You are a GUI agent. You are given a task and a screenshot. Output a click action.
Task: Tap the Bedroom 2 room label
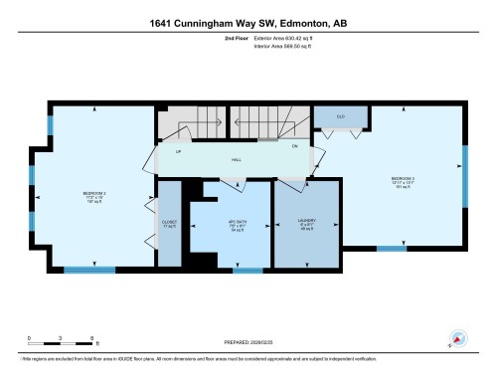click(94, 195)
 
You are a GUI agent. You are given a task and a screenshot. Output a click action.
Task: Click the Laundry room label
click(307, 223)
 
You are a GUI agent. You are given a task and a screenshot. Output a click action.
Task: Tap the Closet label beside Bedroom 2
click(169, 224)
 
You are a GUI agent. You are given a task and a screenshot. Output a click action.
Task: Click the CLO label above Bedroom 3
click(341, 116)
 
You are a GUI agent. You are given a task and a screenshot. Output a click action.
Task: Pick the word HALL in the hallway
click(237, 159)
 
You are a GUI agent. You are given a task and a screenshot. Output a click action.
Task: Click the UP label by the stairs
click(178, 152)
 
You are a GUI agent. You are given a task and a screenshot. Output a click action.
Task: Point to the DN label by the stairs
click(294, 147)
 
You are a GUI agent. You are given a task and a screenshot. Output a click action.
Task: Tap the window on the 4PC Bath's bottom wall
click(248, 270)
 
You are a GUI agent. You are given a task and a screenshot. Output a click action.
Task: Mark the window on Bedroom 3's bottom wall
click(392, 248)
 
